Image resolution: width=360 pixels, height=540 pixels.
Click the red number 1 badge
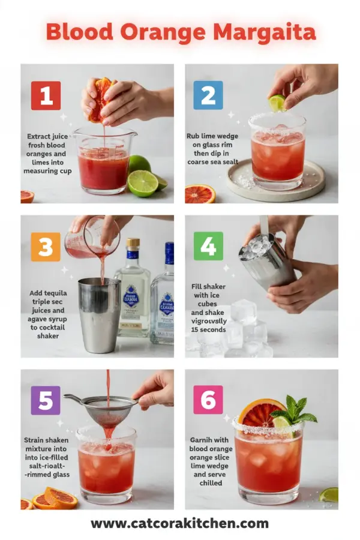[46, 95]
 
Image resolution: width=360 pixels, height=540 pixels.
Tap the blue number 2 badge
[208, 95]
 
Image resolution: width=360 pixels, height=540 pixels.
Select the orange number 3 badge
[46, 247]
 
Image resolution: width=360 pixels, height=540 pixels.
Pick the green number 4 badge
[208, 246]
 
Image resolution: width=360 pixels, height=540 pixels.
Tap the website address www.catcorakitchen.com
[179, 524]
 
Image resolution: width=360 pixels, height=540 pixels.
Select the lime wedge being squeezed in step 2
[277, 102]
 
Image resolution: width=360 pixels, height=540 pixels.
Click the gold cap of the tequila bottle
[133, 244]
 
